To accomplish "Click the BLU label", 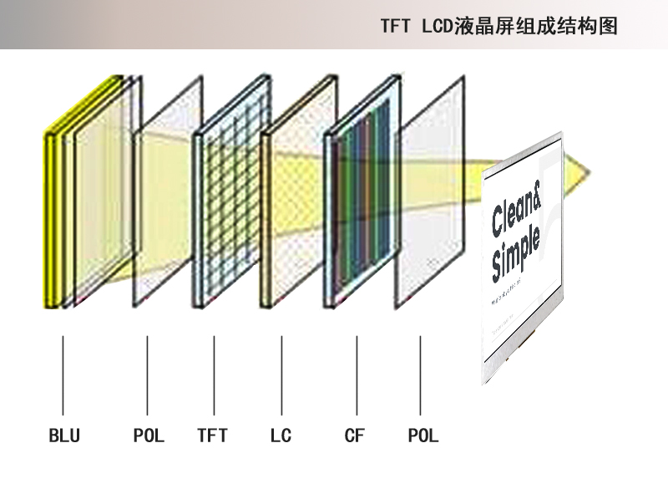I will [64, 435].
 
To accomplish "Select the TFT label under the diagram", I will [212, 435].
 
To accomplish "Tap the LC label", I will [281, 435].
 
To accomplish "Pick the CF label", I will [354, 435].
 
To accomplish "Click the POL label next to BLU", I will [149, 435].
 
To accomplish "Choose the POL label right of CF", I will [423, 435].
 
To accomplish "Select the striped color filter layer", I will [363, 196].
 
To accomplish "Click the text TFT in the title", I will [395, 26].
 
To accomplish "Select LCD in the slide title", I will [438, 26].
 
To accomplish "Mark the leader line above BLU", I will [63, 376].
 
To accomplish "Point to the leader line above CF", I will [357, 376].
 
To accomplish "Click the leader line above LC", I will [281, 376].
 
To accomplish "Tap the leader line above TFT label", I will [214, 376].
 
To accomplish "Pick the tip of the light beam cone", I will [589, 174].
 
